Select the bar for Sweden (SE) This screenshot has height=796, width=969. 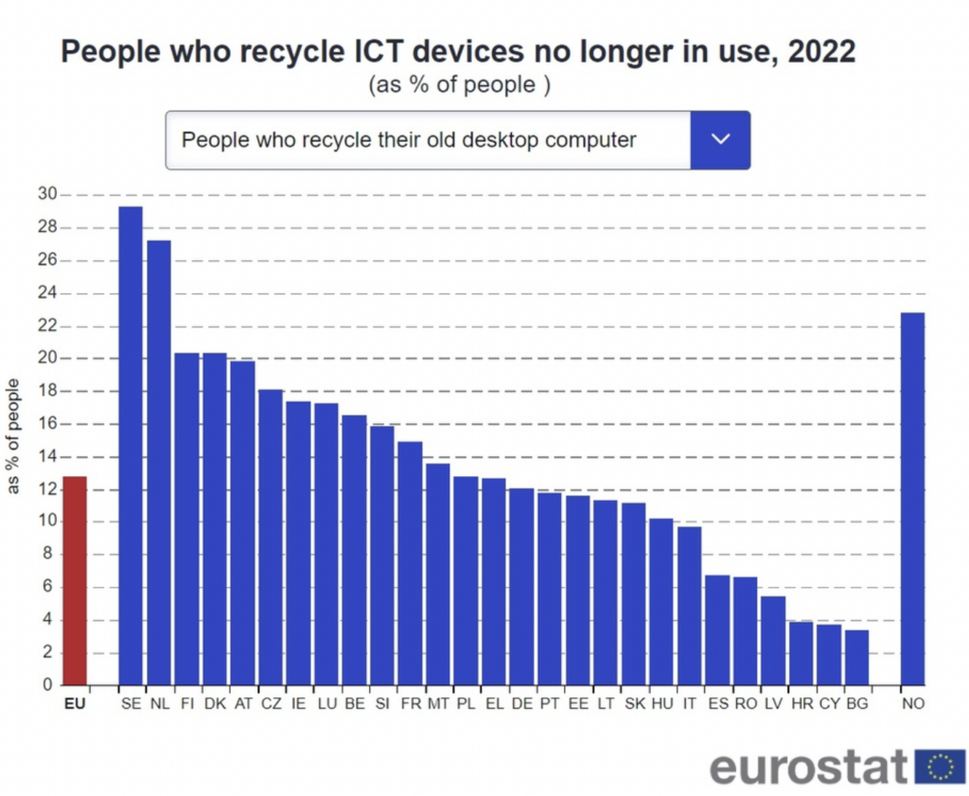click(131, 445)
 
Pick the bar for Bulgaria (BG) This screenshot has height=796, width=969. click(856, 657)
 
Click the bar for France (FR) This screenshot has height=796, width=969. click(410, 563)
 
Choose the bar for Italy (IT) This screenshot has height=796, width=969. click(689, 606)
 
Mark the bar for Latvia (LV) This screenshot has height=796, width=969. click(773, 640)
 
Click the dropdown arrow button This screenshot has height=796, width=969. click(720, 140)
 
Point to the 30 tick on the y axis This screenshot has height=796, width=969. click(46, 195)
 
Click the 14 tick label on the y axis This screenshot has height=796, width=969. click(46, 456)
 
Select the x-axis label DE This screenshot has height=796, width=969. click(521, 704)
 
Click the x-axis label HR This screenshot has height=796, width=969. click(801, 704)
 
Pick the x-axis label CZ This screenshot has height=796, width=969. click(271, 704)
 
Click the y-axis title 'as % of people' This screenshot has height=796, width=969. click(13, 435)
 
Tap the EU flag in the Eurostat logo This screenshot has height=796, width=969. click(939, 767)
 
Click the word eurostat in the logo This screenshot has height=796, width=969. click(809, 767)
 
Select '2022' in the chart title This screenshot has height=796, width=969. click(819, 51)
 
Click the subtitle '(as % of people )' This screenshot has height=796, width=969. click(459, 85)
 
